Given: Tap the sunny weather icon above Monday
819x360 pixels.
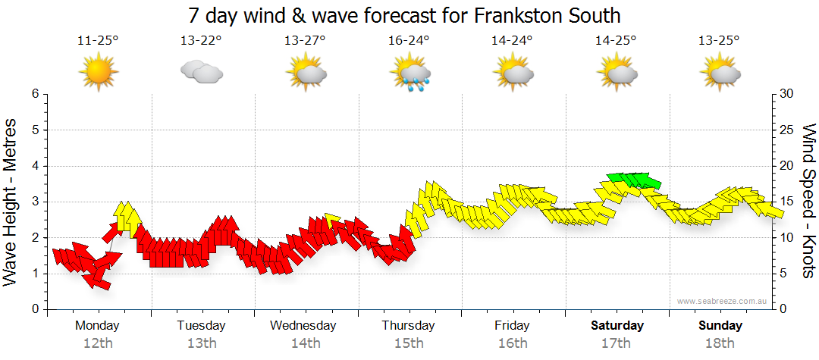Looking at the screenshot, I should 98,73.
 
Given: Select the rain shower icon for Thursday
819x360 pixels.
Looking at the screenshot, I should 410,74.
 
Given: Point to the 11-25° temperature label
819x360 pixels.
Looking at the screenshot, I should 98,40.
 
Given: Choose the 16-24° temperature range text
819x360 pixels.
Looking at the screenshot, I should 409,40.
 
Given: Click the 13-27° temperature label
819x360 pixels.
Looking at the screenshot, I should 305,40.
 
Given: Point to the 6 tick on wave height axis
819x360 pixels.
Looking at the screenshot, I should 34,93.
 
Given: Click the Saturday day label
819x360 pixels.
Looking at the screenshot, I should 617,326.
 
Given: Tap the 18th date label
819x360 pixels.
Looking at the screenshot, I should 720,343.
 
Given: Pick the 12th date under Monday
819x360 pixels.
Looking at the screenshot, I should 98,343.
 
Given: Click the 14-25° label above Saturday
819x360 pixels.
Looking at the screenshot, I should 616,40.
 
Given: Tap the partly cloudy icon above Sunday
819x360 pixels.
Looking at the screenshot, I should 720,74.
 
